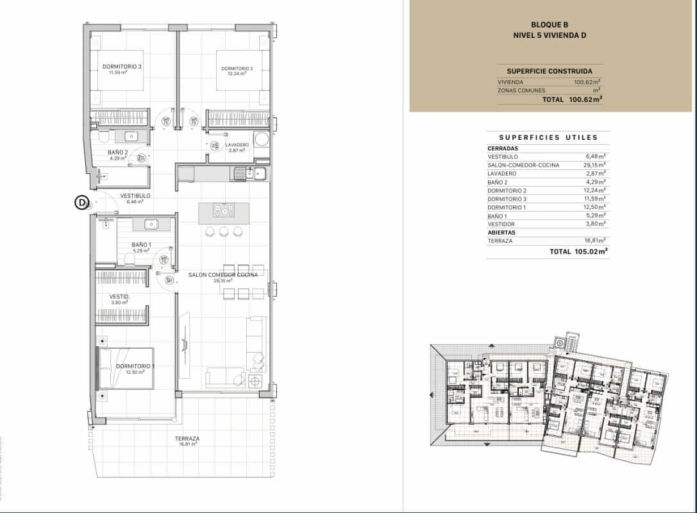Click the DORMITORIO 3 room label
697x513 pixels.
[122, 67]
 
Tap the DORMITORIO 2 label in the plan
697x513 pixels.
[237, 69]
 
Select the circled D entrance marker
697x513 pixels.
[81, 203]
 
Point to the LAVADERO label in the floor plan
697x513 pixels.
[237, 146]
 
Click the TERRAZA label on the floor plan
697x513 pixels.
[187, 439]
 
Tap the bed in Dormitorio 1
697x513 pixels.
[126, 368]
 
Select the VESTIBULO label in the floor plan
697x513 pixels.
[135, 196]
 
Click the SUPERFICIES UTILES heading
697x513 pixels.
[548, 137]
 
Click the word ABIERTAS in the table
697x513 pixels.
[501, 232]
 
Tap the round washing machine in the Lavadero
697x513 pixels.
[262, 140]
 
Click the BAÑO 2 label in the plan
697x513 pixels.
[118, 153]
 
